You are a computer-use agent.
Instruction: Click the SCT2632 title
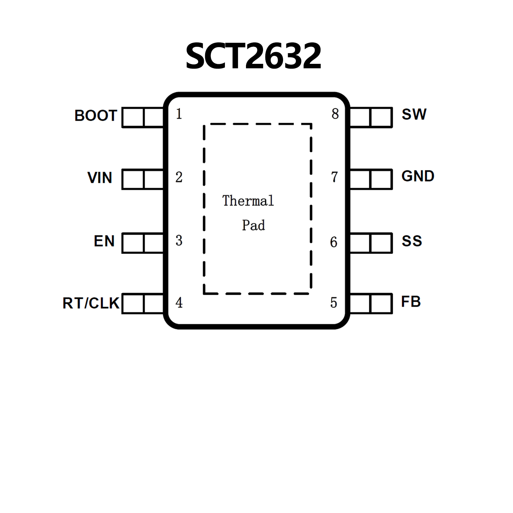(253, 56)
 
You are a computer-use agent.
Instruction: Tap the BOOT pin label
(96, 116)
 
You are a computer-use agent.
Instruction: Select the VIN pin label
(100, 177)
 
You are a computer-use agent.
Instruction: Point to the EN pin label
(104, 241)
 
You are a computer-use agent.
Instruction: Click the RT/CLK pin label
(91, 303)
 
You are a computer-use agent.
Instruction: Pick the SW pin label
(414, 114)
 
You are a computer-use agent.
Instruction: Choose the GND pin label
(418, 176)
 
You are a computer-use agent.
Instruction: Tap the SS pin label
(412, 241)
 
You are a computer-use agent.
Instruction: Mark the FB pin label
(411, 302)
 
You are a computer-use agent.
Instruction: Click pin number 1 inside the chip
(179, 114)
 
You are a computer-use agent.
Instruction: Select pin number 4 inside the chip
(179, 302)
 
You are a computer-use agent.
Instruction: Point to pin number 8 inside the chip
(335, 114)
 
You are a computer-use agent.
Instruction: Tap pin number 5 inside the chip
(334, 302)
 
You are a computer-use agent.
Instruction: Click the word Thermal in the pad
(248, 201)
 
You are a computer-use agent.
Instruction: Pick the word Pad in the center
(253, 225)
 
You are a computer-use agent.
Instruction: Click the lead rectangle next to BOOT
(143, 117)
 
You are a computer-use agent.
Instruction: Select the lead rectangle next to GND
(371, 179)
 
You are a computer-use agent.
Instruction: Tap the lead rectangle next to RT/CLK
(143, 303)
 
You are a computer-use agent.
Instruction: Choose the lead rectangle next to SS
(371, 243)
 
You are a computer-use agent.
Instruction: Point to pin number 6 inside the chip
(334, 242)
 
